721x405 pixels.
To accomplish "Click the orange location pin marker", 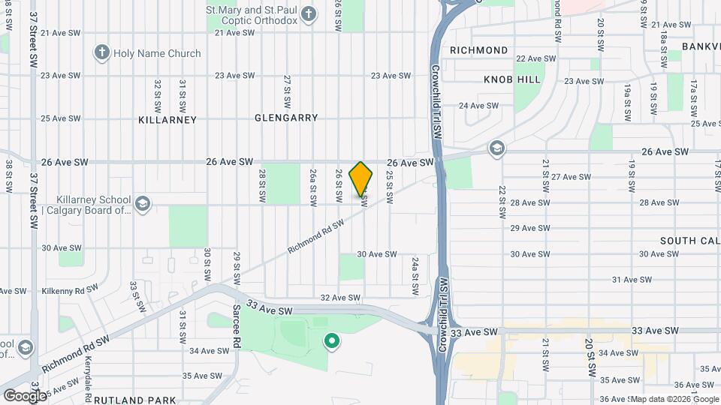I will pyautogui.click(x=361, y=179).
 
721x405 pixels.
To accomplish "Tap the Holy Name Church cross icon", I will pyautogui.click(x=101, y=53).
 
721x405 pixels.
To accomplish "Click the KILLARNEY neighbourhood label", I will pyautogui.click(x=167, y=119).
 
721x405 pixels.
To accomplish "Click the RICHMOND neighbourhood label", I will pyautogui.click(x=478, y=50).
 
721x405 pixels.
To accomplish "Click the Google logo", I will pyautogui.click(x=24, y=395).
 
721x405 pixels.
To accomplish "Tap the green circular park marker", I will pyautogui.click(x=331, y=343).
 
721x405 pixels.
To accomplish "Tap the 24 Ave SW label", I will pyautogui.click(x=478, y=106).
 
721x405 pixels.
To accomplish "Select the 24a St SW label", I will pyautogui.click(x=415, y=275).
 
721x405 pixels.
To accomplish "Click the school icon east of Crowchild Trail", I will pyautogui.click(x=495, y=148).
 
